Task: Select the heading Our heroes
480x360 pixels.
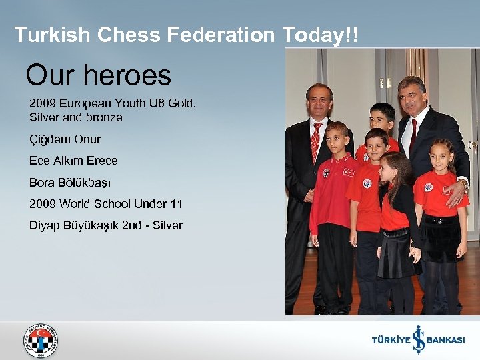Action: click(x=98, y=75)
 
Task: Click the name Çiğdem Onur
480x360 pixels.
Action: click(x=65, y=139)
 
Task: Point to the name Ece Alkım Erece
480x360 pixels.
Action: click(x=73, y=161)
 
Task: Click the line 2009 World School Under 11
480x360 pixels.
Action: click(x=106, y=203)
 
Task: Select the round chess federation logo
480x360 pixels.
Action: click(x=41, y=340)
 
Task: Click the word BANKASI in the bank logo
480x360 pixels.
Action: click(x=445, y=340)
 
